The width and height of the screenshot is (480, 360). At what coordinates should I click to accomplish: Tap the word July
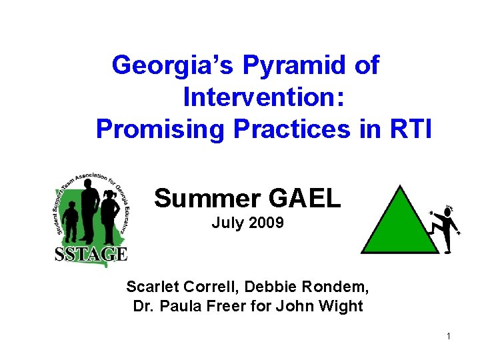[227, 223]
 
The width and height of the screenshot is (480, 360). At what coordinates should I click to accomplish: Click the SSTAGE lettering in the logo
[91, 253]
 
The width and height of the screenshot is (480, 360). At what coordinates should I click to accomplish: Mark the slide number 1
[449, 336]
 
